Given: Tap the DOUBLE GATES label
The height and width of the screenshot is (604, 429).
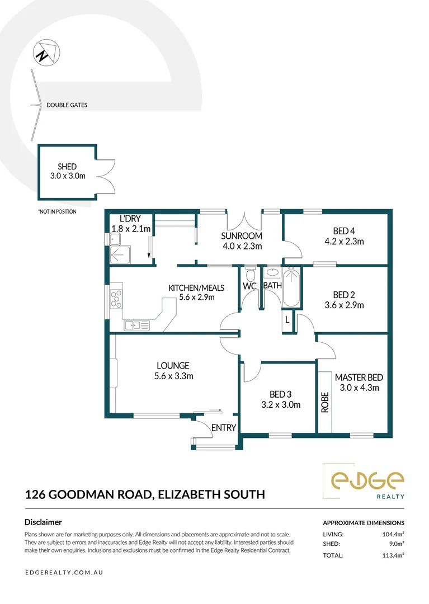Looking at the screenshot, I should (67, 105).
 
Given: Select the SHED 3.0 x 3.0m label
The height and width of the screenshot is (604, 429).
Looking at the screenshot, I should (67, 171).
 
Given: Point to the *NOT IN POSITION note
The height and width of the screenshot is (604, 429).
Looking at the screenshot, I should (57, 212).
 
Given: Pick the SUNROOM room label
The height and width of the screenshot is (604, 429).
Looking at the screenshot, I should (241, 236).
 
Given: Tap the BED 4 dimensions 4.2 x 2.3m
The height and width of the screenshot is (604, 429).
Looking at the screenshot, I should (345, 242).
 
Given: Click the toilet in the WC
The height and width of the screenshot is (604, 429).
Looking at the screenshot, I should (250, 275).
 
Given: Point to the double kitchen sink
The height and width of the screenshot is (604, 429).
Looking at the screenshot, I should (136, 324).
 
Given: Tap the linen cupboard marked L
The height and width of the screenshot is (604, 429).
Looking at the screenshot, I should (287, 320).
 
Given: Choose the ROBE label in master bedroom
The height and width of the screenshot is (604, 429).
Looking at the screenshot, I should (325, 402).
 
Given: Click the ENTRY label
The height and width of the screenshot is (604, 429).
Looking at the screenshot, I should (224, 428).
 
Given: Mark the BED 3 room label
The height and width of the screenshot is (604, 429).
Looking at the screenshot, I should (278, 394).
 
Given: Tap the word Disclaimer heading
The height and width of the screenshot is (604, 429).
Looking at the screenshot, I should (43, 522).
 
